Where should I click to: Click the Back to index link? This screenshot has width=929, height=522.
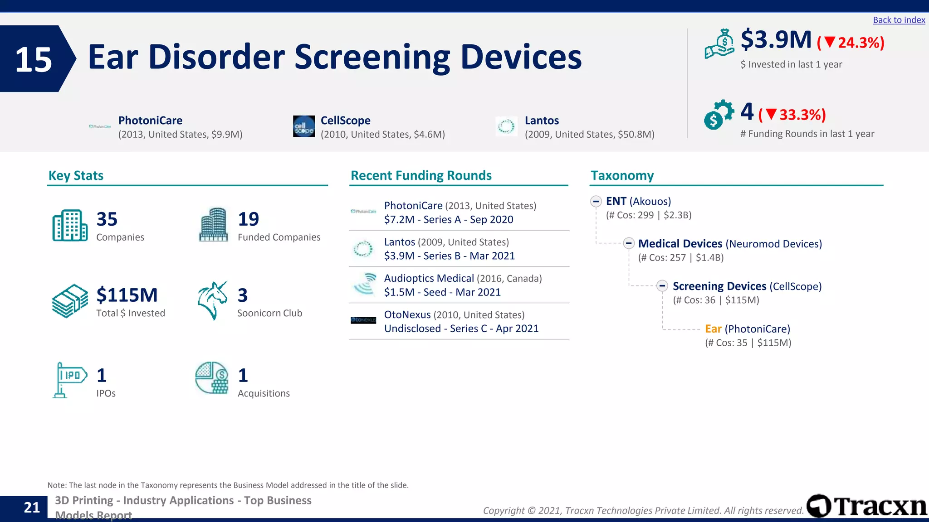click(899, 20)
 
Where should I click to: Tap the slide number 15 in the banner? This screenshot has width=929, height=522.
click(34, 59)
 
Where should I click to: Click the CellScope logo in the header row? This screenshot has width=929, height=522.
click(304, 126)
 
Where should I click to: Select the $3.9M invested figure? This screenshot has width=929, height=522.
click(776, 40)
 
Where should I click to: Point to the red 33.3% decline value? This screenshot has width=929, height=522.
click(802, 115)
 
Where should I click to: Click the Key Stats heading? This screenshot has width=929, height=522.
click(76, 175)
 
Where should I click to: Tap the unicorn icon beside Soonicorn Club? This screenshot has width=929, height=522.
click(212, 300)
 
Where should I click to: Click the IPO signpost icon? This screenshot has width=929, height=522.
click(69, 380)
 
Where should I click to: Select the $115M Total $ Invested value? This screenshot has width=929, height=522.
click(127, 295)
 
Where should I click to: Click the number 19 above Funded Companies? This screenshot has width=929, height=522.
click(248, 219)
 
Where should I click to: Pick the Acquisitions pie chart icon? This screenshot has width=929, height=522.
click(212, 378)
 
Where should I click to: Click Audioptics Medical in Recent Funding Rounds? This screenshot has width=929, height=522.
click(429, 278)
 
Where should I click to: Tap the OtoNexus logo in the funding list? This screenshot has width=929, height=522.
click(363, 320)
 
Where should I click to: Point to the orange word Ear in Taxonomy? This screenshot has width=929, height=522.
click(713, 329)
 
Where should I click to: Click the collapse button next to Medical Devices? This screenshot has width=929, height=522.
click(628, 243)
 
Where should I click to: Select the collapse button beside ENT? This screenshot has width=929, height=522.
click(596, 201)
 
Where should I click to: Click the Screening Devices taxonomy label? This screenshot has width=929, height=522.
click(719, 286)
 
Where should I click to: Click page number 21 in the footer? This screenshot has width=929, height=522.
click(32, 507)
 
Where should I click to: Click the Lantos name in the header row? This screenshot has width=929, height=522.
click(542, 121)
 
